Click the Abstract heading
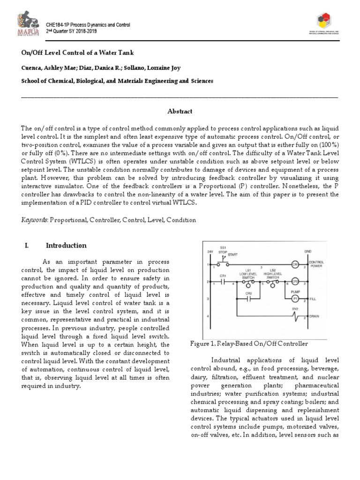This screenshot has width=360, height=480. (180, 111)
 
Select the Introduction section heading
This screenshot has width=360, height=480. (66, 246)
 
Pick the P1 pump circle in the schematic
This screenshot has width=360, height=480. (295, 298)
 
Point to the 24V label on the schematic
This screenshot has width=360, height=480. (210, 252)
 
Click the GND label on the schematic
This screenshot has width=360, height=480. (308, 251)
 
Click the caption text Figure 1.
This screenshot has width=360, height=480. (203, 344)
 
